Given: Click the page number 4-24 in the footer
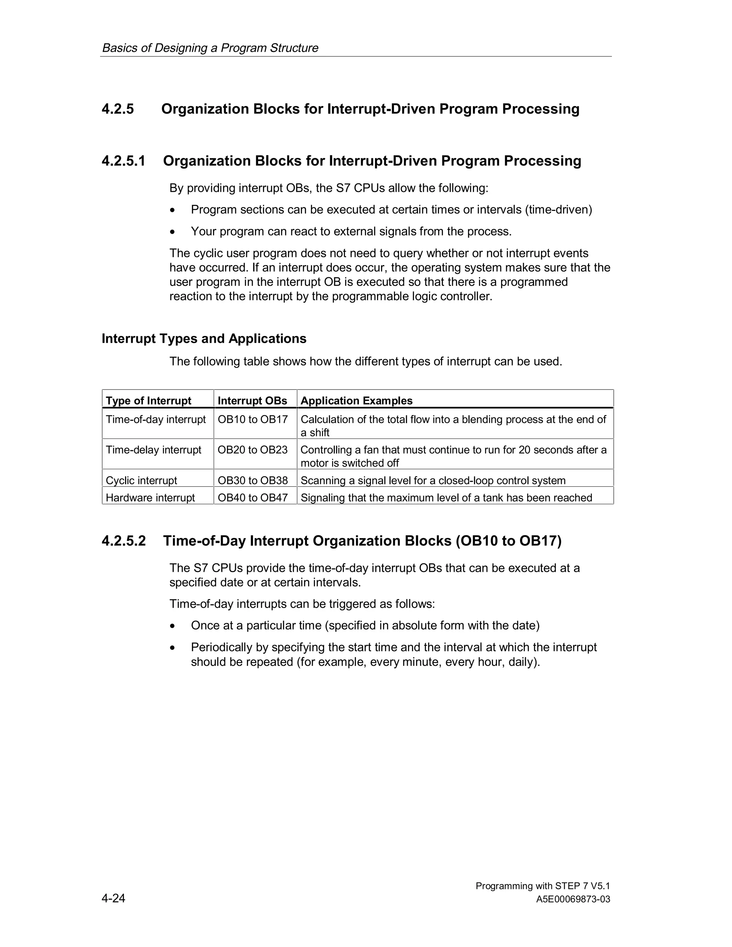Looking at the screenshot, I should [x=113, y=898].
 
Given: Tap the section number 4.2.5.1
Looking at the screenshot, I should [x=123, y=161].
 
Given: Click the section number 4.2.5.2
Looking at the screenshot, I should [x=124, y=541].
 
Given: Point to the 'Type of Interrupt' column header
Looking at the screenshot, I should [x=148, y=401].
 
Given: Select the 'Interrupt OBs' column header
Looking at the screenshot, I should [x=252, y=401].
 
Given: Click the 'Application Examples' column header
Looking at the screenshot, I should [x=356, y=401].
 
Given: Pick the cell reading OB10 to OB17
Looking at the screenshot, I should [x=252, y=419].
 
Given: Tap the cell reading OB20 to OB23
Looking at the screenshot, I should [x=252, y=450].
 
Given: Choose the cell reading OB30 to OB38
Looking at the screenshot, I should [x=252, y=480].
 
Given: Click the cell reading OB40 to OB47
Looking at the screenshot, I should [x=252, y=498].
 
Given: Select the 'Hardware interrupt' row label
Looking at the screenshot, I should [x=150, y=498].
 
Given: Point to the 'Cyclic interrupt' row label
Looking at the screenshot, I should [x=142, y=480].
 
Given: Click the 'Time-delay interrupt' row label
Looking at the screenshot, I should [x=153, y=450].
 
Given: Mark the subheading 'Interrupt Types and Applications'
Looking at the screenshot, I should [x=204, y=339].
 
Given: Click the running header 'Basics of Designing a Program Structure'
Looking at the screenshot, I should [x=210, y=48].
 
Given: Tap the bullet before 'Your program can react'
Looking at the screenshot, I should [x=173, y=232].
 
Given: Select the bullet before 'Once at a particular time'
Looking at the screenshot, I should [x=173, y=626].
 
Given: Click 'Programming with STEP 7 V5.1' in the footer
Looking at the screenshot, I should [x=543, y=886].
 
